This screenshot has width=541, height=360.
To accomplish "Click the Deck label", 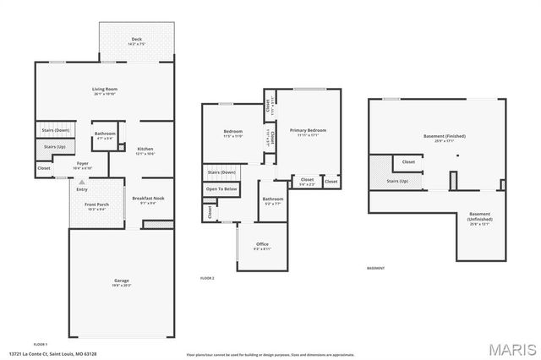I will coord(135,40).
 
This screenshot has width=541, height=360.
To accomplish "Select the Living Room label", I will coord(104,90).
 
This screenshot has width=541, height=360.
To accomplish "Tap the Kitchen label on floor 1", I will coord(145,151).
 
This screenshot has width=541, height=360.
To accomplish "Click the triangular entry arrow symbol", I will coord(82,182).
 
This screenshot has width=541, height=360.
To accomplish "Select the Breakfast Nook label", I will coord(148,200).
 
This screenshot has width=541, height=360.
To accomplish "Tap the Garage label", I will coord(122,282).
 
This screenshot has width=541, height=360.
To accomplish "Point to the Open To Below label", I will coord(221,189).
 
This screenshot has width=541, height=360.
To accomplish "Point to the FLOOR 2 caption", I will coord(207,278).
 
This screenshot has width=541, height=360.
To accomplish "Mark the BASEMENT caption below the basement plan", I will coord(376,269).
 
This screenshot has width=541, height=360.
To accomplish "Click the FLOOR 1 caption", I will coord(40,345).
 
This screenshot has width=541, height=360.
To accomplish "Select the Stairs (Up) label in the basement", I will coord(397,181).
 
